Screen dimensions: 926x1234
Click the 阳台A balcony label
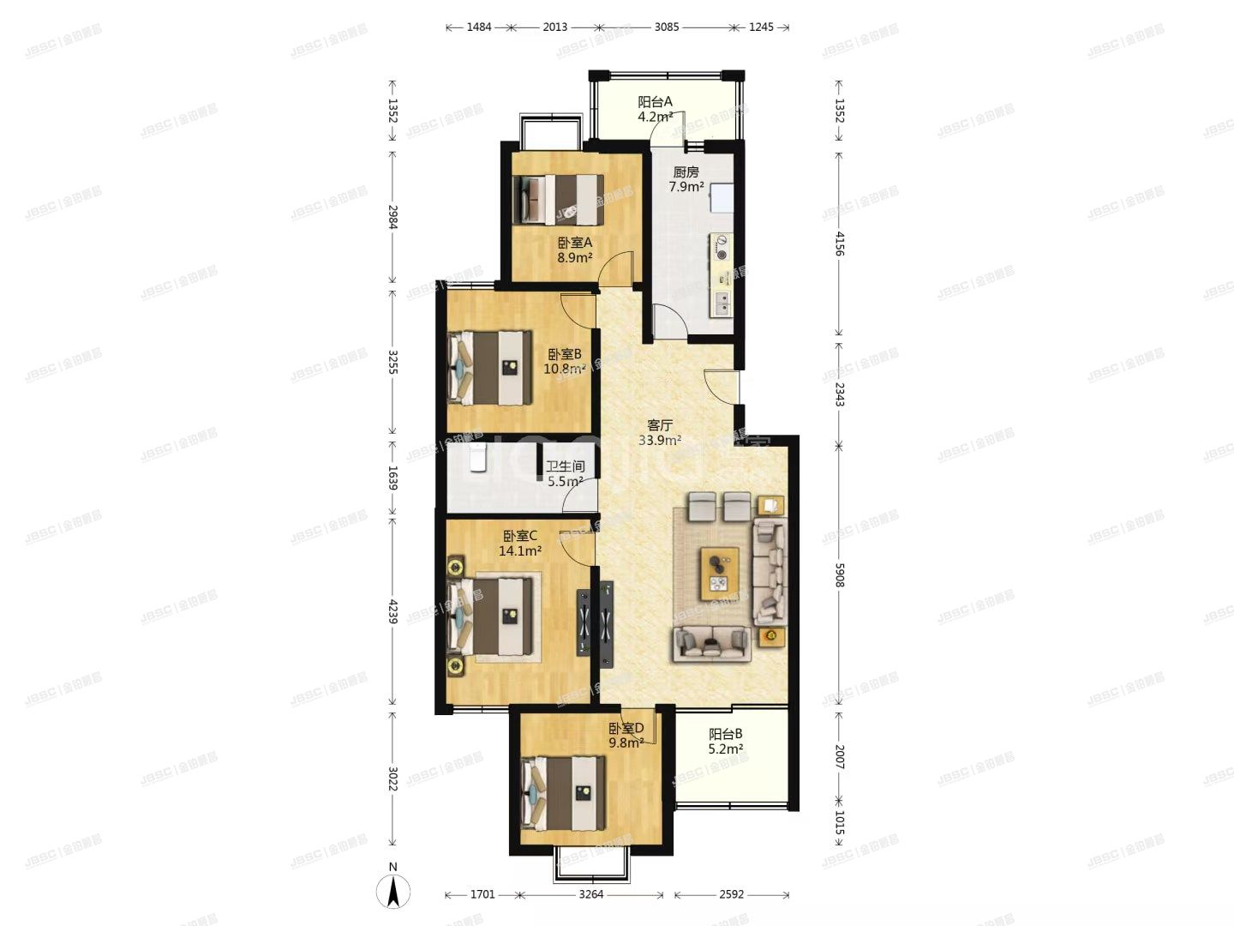(655, 101)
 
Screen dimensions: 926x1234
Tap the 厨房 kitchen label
(686, 172)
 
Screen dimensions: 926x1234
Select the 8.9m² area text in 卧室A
(574, 257)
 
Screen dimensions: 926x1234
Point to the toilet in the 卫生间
(478, 460)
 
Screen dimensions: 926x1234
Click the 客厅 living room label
(659, 425)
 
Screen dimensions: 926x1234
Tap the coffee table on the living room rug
(718, 573)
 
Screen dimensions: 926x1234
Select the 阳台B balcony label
(725, 734)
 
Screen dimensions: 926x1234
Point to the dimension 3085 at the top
(666, 27)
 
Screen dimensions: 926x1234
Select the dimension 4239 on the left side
(393, 611)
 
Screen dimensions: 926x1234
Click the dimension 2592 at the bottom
(731, 894)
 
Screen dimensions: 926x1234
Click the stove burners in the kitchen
(722, 247)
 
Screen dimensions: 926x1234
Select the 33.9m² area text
(659, 441)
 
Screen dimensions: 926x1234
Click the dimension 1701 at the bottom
(482, 894)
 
